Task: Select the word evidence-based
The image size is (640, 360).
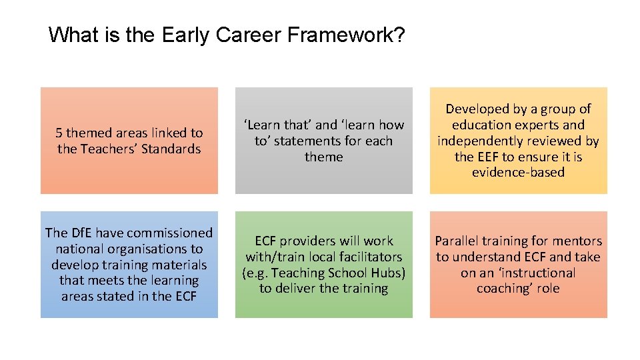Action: (518, 173)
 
